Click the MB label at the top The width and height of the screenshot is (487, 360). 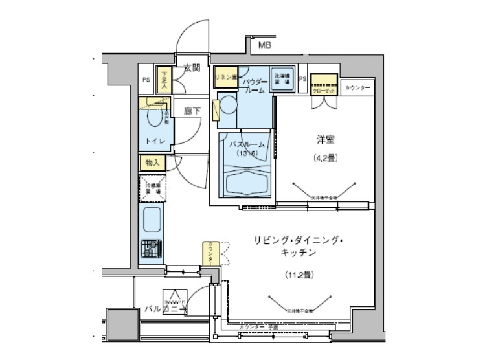coord(264,46)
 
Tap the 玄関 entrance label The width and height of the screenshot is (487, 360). coord(191,68)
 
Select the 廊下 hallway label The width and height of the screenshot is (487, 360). coord(192,111)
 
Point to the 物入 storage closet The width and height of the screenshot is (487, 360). coord(152,162)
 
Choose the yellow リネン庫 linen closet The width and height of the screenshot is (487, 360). coord(225,77)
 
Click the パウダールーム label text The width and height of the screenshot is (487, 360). coord(254,87)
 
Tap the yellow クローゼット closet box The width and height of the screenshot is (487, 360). coord(324,85)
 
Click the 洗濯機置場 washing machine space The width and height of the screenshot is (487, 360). coord(281,77)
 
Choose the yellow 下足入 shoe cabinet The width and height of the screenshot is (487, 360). coord(164,79)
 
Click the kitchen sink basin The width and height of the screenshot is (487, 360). coord(152,221)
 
